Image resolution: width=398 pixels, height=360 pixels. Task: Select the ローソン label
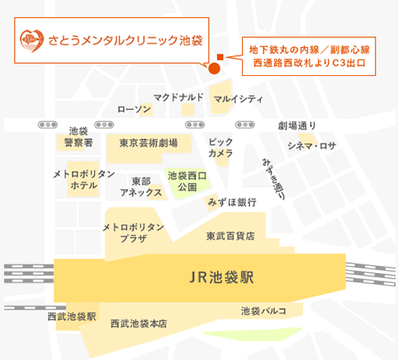coord(134,109)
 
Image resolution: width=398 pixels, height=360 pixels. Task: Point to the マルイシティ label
coord(237,99)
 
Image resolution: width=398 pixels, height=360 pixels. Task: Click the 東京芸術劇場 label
coord(148,142)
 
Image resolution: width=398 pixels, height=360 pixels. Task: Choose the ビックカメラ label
coord(220,148)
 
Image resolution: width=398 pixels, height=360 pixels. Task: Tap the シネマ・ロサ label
coord(311,146)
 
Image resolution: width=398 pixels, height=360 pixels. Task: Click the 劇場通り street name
coord(296,126)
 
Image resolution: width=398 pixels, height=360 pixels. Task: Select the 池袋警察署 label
coord(78,137)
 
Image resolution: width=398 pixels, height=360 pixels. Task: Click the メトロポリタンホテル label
coord(83,180)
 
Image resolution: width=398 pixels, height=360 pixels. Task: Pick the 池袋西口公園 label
coord(187,181)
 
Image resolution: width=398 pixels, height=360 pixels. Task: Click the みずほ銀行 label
coord(231,201)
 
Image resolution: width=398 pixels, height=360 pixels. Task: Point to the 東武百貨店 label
coord(230,235)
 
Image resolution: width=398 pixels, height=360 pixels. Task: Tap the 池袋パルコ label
coord(263,310)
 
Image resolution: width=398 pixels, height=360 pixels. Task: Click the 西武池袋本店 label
coord(139,324)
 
